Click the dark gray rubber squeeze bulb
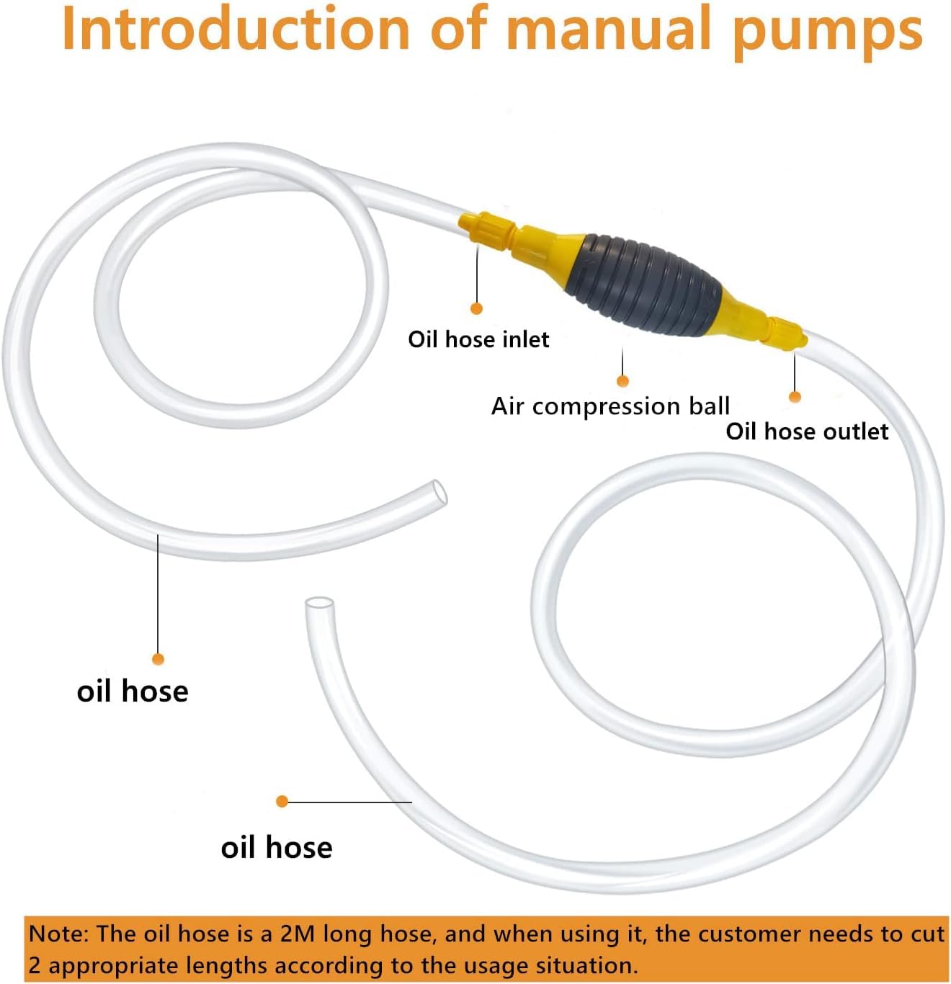(643, 285)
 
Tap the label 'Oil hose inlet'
(478, 339)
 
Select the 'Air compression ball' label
(610, 406)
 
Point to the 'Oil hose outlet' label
(807, 431)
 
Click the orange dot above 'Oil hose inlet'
(476, 308)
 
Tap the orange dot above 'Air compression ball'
(622, 381)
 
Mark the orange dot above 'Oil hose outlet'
(795, 397)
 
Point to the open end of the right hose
(319, 604)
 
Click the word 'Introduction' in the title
(235, 30)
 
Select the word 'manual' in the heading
(612, 30)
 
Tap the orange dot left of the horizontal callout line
(282, 801)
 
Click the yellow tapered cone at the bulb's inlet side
(548, 246)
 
